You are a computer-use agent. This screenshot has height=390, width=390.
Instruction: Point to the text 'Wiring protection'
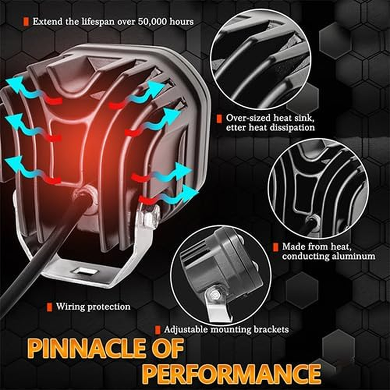93,307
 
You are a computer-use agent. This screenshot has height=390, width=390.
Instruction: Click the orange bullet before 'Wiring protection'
49,307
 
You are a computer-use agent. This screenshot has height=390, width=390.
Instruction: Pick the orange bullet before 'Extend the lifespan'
24,21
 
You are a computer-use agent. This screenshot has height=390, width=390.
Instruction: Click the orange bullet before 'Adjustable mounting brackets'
158,330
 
